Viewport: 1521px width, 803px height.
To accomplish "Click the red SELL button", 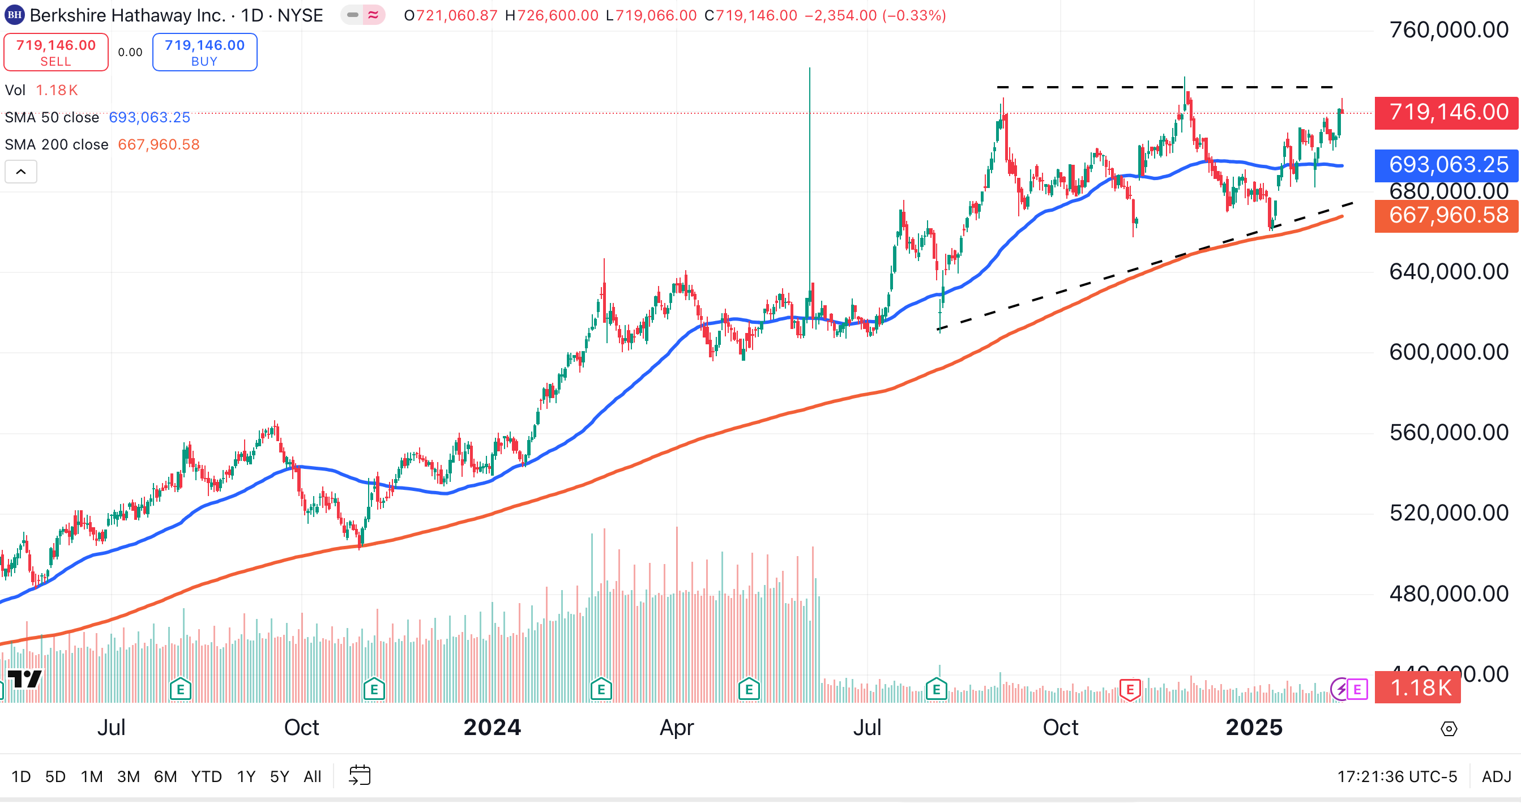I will point(55,52).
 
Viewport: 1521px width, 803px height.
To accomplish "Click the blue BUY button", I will point(204,52).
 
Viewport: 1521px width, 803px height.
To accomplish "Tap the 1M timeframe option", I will point(92,776).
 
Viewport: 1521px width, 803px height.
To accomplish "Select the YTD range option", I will point(206,776).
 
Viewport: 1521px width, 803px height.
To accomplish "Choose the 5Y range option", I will point(279,776).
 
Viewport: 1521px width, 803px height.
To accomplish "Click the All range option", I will point(313,776).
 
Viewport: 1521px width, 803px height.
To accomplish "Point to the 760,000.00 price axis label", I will point(1449,29).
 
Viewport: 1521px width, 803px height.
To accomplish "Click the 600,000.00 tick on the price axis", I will point(1449,352).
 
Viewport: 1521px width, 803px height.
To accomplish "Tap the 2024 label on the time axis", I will point(492,728).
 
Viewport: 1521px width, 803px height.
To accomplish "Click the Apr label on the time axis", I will point(677,728).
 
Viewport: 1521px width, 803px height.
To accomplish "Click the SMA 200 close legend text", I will point(57,144).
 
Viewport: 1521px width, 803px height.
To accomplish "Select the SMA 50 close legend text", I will point(52,117).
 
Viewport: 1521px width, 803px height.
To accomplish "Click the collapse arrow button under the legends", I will point(20,172).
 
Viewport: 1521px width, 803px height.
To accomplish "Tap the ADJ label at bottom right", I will point(1496,776).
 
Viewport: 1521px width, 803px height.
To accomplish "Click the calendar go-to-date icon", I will point(360,775).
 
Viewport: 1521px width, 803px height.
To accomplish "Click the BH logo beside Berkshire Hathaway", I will point(14,15).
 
